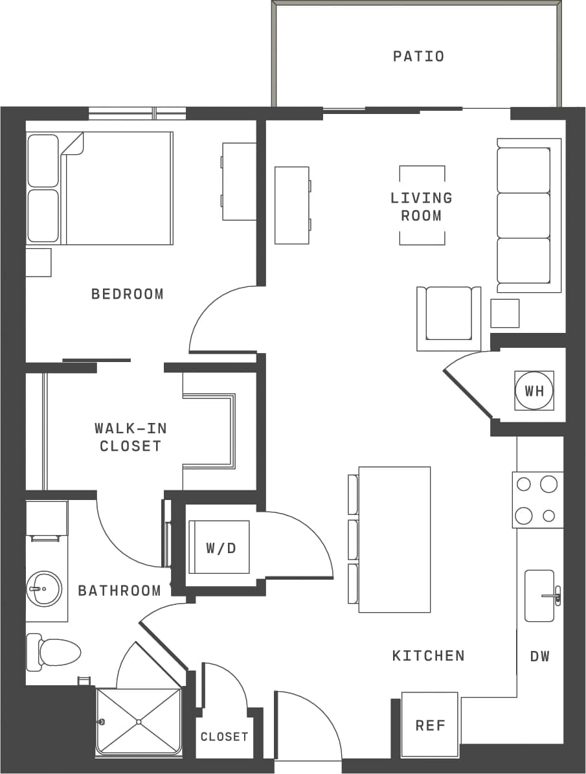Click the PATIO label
[418, 56]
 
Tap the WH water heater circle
[534, 391]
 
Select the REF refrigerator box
[430, 725]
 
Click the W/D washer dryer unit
[220, 547]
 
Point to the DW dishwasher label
[539, 656]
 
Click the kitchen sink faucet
[554, 595]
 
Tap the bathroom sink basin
[44, 588]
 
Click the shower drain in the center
[138, 721]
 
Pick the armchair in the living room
[449, 315]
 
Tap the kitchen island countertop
[394, 539]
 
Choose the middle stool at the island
[354, 539]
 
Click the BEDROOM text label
[128, 294]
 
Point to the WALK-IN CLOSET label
[130, 437]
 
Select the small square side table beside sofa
[504, 313]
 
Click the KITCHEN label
[428, 655]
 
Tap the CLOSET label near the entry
[224, 736]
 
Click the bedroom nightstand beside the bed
[38, 262]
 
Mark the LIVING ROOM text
[422, 207]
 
